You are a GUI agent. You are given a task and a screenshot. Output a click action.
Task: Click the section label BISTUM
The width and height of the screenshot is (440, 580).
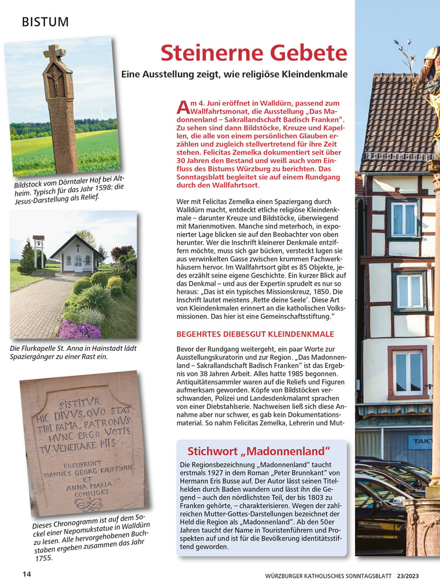45,22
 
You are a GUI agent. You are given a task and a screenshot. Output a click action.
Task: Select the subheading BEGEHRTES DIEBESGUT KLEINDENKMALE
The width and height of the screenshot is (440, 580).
255,334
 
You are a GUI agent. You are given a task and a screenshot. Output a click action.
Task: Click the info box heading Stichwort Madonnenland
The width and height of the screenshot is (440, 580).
259,451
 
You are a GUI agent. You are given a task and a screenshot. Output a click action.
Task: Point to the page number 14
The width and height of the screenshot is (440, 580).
27,574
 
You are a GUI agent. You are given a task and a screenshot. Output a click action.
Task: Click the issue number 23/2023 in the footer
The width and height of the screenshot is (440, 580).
408,576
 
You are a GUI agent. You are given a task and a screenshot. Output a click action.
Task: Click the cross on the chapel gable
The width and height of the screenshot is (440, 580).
78,247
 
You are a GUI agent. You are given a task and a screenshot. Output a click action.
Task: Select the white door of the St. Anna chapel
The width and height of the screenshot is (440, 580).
78,264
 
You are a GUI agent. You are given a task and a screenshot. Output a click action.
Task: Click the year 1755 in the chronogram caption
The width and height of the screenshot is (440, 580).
43,558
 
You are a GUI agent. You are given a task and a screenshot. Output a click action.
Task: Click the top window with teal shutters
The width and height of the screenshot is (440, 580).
404,219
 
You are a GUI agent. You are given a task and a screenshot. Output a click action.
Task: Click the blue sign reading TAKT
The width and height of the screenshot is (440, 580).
422,442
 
